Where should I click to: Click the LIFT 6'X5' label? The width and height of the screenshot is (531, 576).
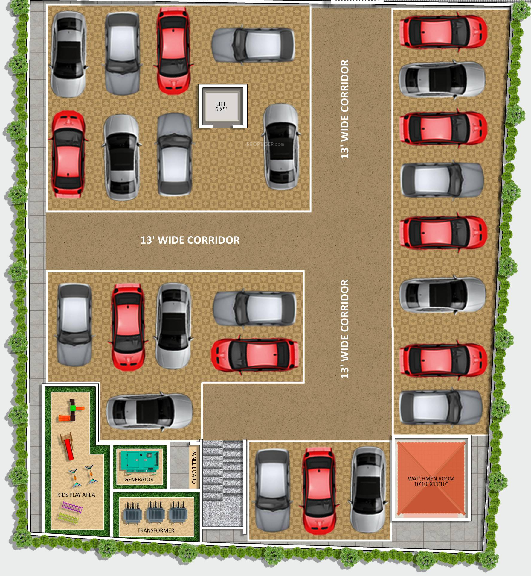point(221,107)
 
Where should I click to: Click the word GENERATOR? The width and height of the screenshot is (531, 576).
point(139,479)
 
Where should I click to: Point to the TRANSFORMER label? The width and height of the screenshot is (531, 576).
point(155,530)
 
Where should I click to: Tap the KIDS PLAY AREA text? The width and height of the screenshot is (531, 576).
point(76,495)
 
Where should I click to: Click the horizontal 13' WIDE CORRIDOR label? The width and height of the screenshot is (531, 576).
point(190,240)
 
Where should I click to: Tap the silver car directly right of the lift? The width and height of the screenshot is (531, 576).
point(281,147)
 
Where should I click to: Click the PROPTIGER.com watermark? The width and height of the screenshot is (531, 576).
point(265,144)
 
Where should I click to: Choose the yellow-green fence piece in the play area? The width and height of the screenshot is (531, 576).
point(68,518)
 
